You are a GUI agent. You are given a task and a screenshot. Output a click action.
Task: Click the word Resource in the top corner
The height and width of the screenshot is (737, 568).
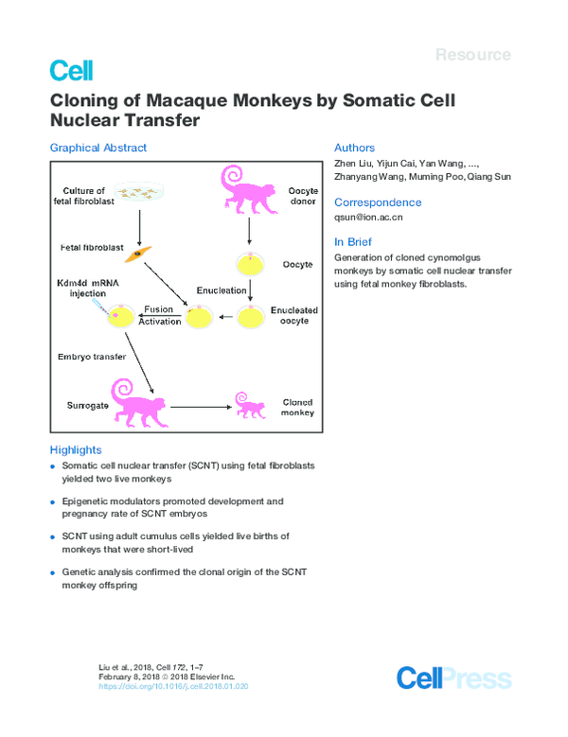click(x=472, y=55)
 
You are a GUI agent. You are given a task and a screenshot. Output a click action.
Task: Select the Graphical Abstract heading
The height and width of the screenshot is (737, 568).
click(x=98, y=148)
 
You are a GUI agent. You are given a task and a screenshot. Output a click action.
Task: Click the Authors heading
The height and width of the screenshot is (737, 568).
click(x=354, y=148)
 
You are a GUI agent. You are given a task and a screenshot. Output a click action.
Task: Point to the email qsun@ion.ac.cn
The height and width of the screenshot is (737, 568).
click(x=368, y=217)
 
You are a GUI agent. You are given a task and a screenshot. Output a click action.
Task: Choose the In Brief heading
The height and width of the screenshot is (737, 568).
click(x=353, y=242)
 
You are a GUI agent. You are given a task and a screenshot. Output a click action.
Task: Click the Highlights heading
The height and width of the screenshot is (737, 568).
click(x=75, y=449)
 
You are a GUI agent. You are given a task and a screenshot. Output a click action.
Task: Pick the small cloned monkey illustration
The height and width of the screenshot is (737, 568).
click(x=250, y=408)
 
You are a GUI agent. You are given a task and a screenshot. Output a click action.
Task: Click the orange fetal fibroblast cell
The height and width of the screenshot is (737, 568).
click(x=138, y=253)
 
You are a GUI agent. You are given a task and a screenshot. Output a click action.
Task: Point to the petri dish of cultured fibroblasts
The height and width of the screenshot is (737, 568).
click(x=139, y=193)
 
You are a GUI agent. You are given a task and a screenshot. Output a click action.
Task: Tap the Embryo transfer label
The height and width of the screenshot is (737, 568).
click(x=91, y=357)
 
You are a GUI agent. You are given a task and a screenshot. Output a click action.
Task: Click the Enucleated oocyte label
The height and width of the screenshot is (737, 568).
click(x=294, y=315)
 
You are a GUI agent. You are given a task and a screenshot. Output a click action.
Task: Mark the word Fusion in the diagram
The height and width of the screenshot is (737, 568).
click(x=157, y=309)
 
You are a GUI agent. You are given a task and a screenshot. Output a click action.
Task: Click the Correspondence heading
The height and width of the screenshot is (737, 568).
click(x=378, y=202)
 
